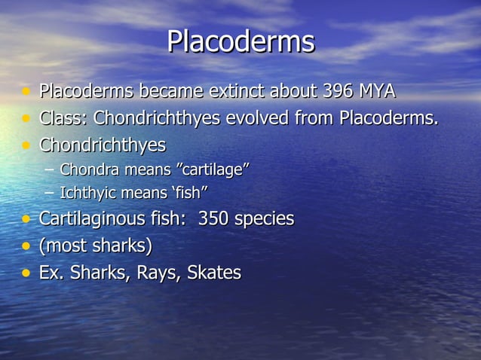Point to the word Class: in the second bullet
coord(63,118)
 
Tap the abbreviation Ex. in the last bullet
coord(51,273)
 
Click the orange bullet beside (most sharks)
coord(26,246)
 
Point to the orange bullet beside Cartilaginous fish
coord(26,220)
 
